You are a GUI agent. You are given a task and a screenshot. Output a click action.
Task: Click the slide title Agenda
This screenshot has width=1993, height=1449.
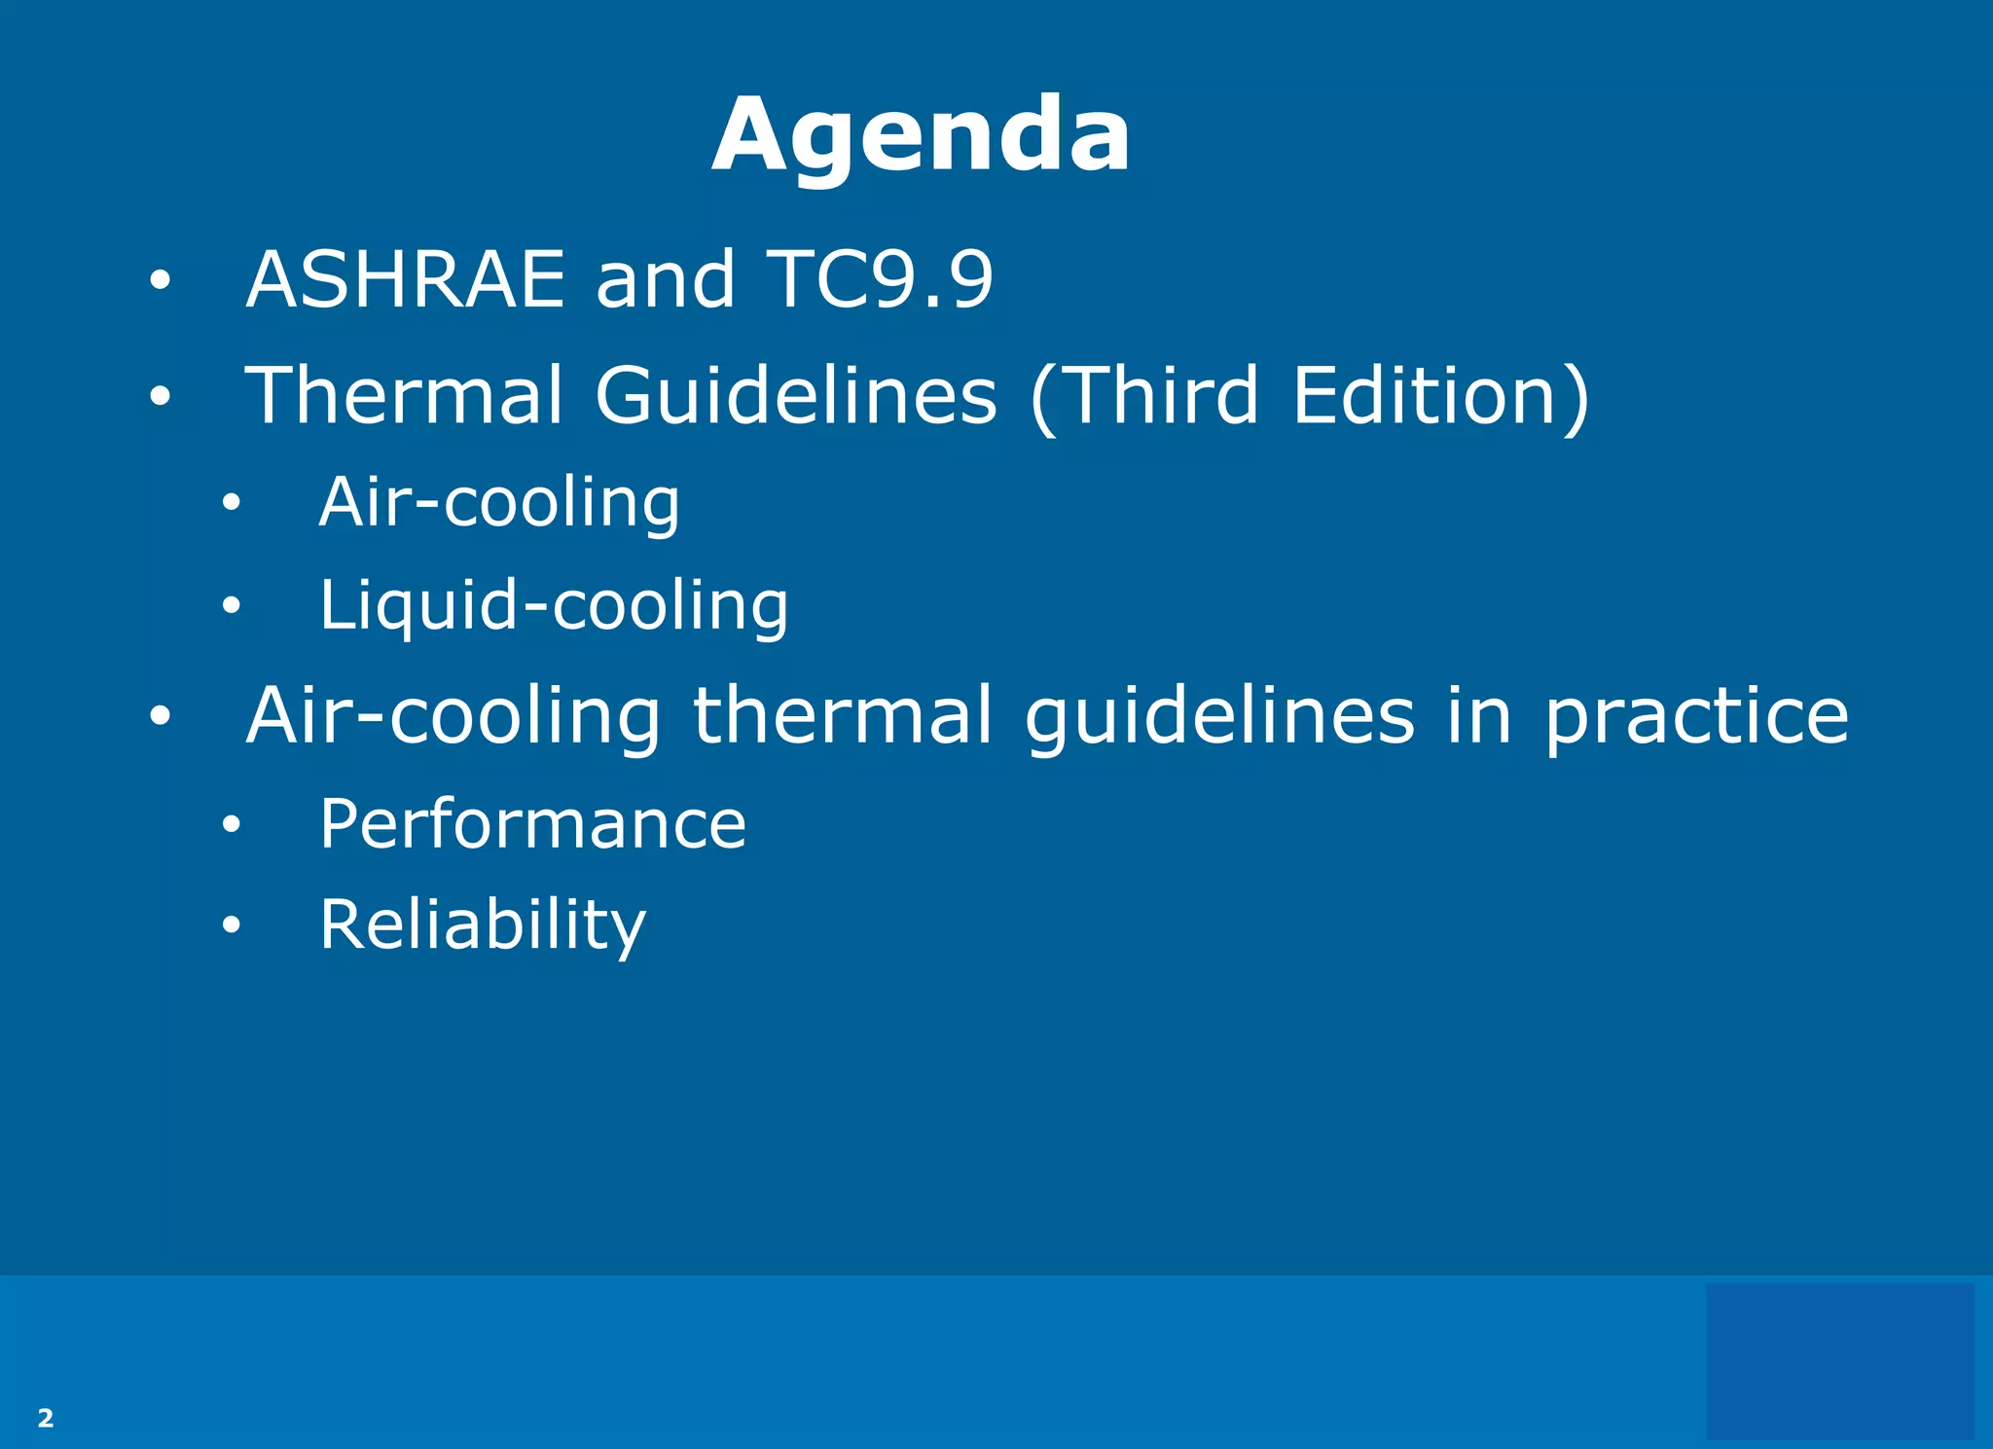[x=921, y=135]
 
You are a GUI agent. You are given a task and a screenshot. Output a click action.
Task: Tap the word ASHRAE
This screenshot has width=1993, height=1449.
[x=406, y=279]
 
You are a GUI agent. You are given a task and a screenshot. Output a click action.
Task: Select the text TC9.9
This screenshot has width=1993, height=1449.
[x=880, y=279]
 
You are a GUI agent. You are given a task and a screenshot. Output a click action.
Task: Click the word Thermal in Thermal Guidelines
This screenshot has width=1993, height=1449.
[x=404, y=395]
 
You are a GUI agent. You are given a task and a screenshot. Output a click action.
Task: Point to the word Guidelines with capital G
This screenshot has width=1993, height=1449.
[x=796, y=395]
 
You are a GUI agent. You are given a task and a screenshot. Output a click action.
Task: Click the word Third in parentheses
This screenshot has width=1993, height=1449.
[x=1163, y=395]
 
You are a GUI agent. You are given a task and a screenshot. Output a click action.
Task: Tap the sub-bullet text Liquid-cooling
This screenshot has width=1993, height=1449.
[x=554, y=605]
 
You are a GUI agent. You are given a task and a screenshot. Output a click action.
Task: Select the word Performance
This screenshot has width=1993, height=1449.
[x=532, y=824]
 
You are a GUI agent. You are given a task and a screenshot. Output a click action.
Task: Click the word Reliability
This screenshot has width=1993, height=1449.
[x=483, y=924]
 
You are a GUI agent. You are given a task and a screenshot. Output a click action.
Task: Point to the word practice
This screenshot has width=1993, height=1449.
[x=1696, y=715]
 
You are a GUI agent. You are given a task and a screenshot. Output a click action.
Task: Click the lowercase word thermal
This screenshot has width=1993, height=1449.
[x=843, y=715]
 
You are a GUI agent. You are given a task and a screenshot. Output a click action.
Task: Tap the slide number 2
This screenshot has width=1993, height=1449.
[x=46, y=1418]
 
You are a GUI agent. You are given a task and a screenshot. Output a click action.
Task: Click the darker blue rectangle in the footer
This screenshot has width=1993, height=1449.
[x=1839, y=1360]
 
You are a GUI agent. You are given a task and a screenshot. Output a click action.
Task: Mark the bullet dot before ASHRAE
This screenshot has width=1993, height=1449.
[x=161, y=281]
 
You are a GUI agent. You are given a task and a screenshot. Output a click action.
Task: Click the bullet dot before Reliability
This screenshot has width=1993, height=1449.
[x=231, y=924]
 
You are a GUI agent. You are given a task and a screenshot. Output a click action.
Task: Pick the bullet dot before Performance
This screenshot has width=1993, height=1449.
[x=231, y=825]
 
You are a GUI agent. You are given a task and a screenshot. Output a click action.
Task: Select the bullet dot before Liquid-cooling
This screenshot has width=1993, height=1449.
[x=231, y=606]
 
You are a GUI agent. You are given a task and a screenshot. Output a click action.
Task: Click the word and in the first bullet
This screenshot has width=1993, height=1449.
[x=666, y=279]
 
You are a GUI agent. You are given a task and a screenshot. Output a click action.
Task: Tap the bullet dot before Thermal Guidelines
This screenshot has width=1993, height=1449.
[x=161, y=396]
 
